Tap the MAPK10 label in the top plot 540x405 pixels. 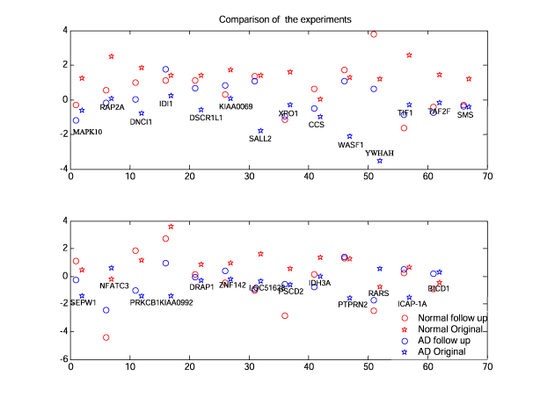click(x=87, y=132)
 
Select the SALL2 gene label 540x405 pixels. click(x=260, y=139)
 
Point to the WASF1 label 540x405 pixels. click(x=351, y=145)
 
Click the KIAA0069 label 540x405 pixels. click(x=236, y=106)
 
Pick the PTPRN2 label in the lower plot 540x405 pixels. click(x=354, y=304)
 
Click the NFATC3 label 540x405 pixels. click(x=114, y=286)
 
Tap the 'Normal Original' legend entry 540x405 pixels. click(x=452, y=329)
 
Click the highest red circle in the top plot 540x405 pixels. click(x=374, y=34)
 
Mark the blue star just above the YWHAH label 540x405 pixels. click(x=380, y=161)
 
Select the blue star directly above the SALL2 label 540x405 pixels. click(x=260, y=131)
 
